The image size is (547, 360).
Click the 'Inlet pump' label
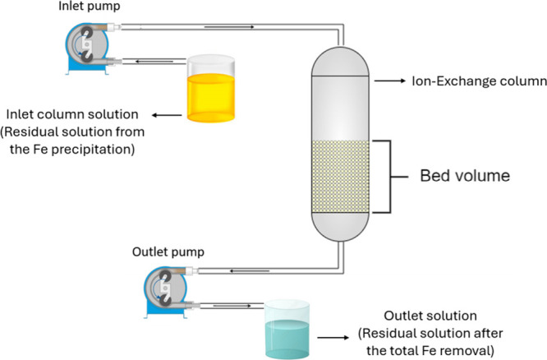(90, 7)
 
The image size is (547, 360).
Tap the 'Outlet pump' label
(168, 252)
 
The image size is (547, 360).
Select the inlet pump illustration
(88, 48)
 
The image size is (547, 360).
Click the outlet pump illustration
(167, 292)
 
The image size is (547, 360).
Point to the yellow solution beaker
(211, 88)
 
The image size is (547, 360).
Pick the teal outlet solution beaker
(287, 329)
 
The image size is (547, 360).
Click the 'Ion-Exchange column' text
(480, 81)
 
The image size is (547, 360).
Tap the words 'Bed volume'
(465, 176)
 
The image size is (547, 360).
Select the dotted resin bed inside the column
(340, 177)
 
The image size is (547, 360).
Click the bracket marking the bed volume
(390, 177)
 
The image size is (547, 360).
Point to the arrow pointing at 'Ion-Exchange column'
(390, 81)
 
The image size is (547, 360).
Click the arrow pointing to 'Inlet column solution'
(167, 115)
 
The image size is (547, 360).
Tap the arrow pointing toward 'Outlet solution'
(333, 337)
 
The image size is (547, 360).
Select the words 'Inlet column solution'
(72, 114)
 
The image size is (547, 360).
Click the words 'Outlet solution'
(430, 316)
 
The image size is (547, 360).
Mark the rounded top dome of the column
(340, 61)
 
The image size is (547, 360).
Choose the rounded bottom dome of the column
(340, 227)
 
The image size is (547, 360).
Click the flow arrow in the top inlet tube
(229, 27)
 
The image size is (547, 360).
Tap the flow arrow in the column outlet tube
(250, 271)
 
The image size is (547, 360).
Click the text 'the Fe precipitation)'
(72, 149)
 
